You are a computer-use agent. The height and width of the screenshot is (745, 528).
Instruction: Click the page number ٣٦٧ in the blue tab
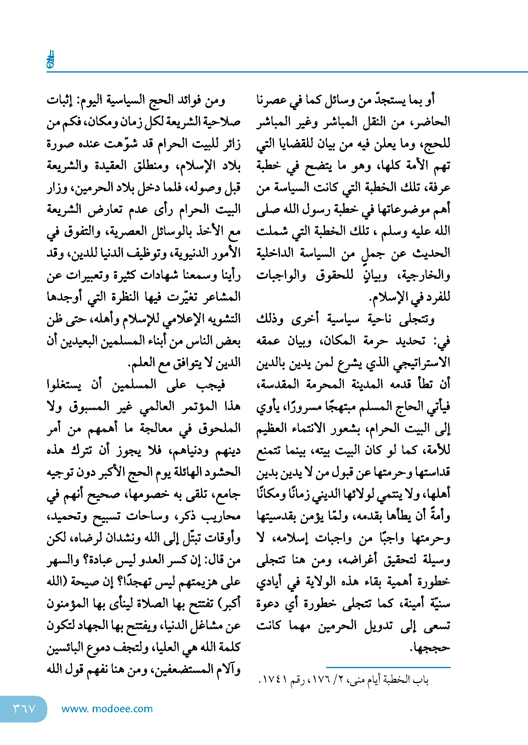tap(24, 709)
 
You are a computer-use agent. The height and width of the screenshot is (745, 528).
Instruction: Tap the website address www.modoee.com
tap(107, 709)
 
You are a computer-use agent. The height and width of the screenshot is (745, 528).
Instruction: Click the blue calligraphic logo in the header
tap(50, 60)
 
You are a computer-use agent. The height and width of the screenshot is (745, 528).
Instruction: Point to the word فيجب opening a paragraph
tap(211, 385)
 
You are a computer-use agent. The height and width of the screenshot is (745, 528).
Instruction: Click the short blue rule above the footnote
tap(388, 667)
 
